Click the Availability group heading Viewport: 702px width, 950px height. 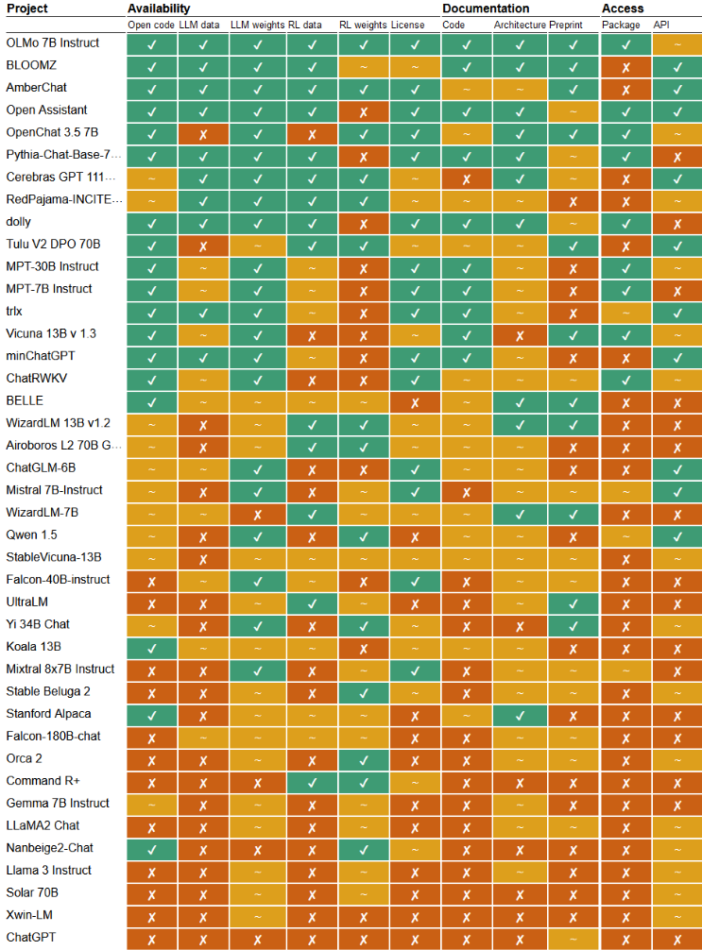[161, 8]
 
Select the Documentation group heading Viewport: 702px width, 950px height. [486, 8]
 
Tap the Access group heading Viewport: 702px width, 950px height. [623, 8]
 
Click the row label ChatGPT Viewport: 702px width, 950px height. [31, 937]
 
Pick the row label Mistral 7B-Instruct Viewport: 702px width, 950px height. [55, 490]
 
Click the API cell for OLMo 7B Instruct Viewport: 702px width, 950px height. [676, 43]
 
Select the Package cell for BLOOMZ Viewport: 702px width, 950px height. [625, 66]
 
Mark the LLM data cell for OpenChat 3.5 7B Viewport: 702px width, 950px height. [203, 133]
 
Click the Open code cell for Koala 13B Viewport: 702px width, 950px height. [151, 647]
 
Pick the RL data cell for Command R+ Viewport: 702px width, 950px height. [310, 781]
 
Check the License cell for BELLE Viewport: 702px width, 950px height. [415, 401]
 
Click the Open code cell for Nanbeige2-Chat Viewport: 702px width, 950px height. [151, 848]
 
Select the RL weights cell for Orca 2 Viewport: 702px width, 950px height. [363, 758]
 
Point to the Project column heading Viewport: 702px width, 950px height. [27, 8]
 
